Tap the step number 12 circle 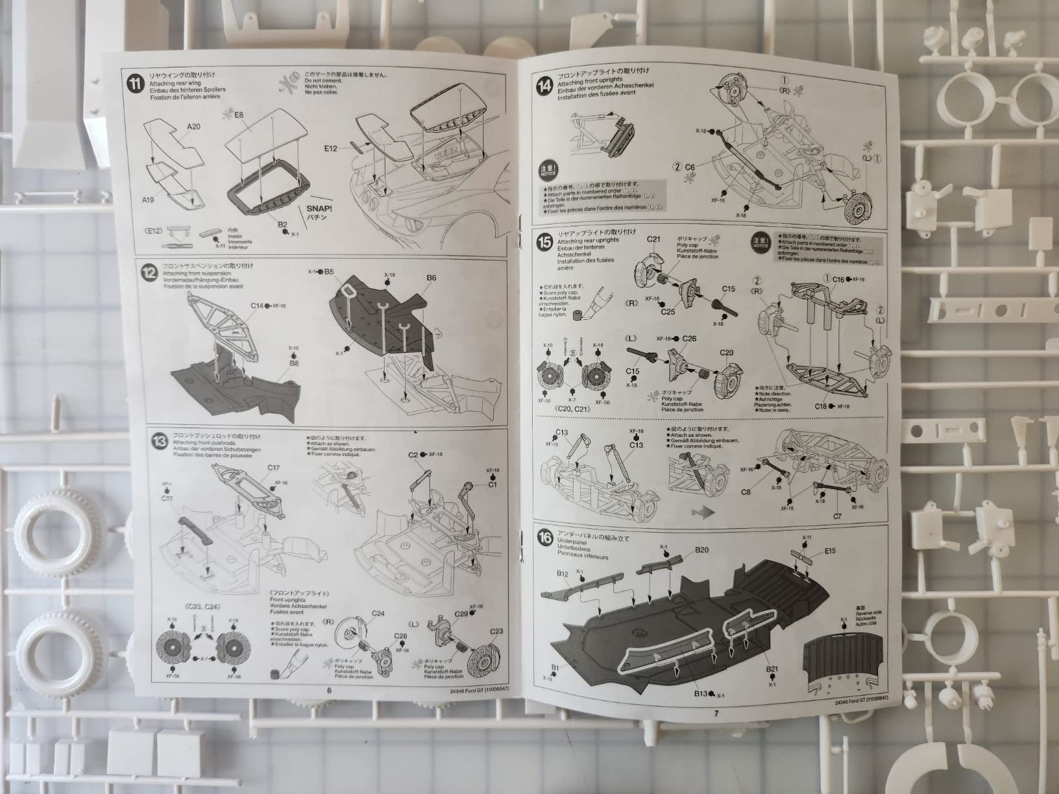149,272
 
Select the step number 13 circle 159,442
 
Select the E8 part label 239,115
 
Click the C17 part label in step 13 273,467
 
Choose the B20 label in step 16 701,550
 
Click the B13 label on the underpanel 700,693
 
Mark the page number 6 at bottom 329,708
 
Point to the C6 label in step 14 689,167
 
